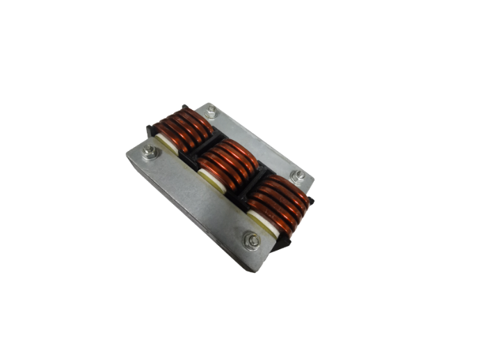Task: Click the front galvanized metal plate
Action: click(195, 202)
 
